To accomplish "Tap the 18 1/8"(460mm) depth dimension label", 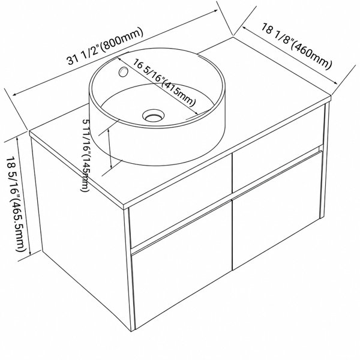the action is (x=296, y=46).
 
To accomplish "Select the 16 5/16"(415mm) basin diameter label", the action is (x=164, y=83).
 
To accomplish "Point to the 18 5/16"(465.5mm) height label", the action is (x=15, y=204).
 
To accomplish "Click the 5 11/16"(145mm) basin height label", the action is (x=86, y=155).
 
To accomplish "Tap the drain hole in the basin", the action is (x=154, y=115).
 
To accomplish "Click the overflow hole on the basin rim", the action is (x=123, y=71).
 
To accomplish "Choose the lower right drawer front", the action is (x=277, y=211).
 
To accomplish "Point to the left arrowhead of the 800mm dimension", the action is (x=14, y=95).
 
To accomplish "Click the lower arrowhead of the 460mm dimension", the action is (x=335, y=83).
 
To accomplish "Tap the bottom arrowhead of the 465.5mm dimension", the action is (x=30, y=254).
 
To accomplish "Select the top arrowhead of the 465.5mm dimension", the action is (x=17, y=139).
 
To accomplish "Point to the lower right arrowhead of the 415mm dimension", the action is (x=196, y=113).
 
